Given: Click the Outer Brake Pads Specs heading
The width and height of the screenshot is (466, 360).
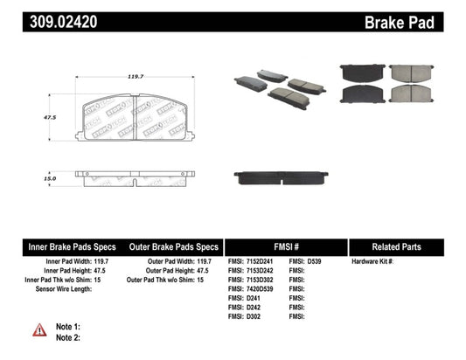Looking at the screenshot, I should (x=174, y=247).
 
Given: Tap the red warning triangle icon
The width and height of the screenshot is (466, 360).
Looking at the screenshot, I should (x=40, y=329).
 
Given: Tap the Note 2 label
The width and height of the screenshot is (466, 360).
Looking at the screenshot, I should (x=68, y=336).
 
